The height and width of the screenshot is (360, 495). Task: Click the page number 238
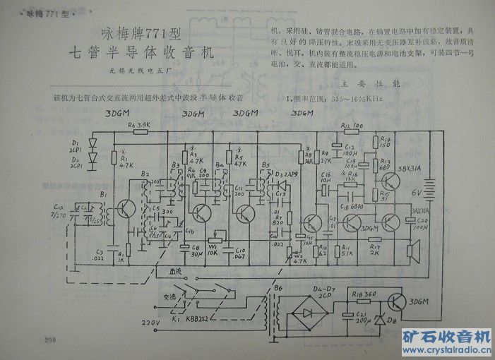49,339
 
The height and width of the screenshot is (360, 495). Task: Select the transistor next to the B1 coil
128,210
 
